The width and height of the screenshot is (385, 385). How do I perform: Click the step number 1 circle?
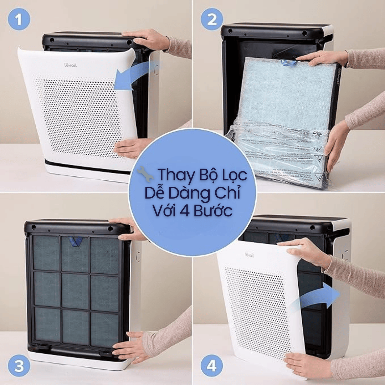coord(19,19)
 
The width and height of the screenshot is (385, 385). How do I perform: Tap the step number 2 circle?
coord(212,19)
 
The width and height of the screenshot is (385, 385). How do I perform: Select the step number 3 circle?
coord(19,365)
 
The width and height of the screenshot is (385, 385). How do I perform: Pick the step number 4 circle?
coord(212,365)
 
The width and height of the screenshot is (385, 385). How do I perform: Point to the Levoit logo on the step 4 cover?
coord(249,255)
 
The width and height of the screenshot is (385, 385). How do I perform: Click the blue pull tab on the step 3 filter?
coord(76,241)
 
